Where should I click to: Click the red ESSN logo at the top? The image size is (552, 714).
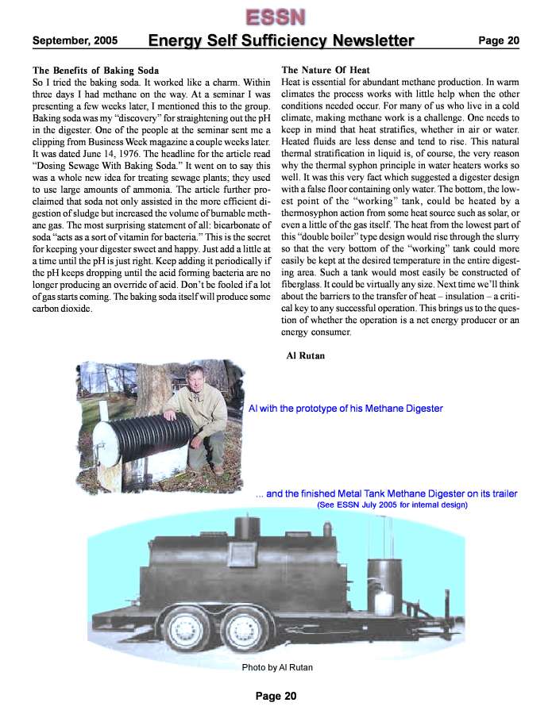click(275, 15)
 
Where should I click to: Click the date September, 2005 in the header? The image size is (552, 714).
click(75, 40)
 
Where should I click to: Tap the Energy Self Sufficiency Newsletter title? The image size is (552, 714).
click(281, 40)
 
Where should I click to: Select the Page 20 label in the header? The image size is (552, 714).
click(498, 40)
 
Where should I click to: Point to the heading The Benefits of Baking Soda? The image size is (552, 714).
click(95, 71)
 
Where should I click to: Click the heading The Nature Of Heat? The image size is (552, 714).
click(326, 71)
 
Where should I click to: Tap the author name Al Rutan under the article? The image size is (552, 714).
click(305, 356)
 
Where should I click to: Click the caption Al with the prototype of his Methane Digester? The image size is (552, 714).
click(345, 409)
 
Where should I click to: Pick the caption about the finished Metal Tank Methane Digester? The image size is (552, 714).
click(387, 493)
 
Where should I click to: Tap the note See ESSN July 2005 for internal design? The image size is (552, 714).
click(392, 505)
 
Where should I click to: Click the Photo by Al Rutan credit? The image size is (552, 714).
click(277, 667)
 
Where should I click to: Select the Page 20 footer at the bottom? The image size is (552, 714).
click(276, 696)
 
